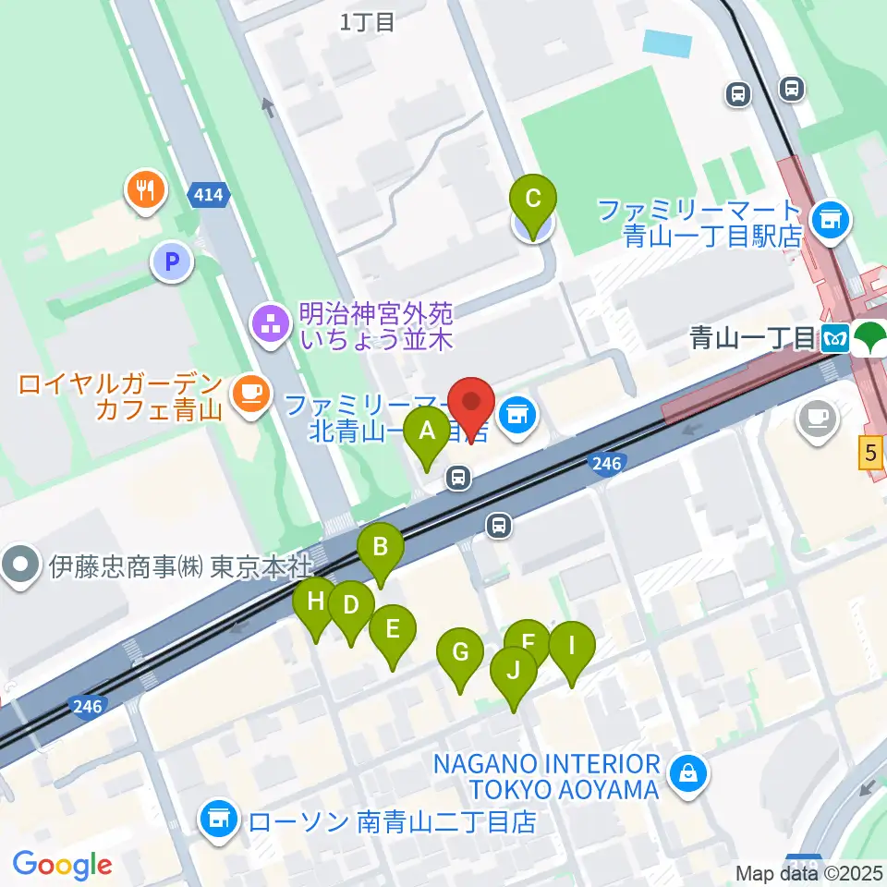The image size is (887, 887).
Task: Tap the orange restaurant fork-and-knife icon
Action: tap(145, 189)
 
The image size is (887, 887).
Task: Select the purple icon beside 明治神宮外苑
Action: tap(271, 323)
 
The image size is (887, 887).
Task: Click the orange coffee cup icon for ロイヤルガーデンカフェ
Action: tap(250, 394)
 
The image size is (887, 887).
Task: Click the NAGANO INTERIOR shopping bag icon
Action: tap(689, 771)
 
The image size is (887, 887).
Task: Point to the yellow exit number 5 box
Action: tap(869, 454)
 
